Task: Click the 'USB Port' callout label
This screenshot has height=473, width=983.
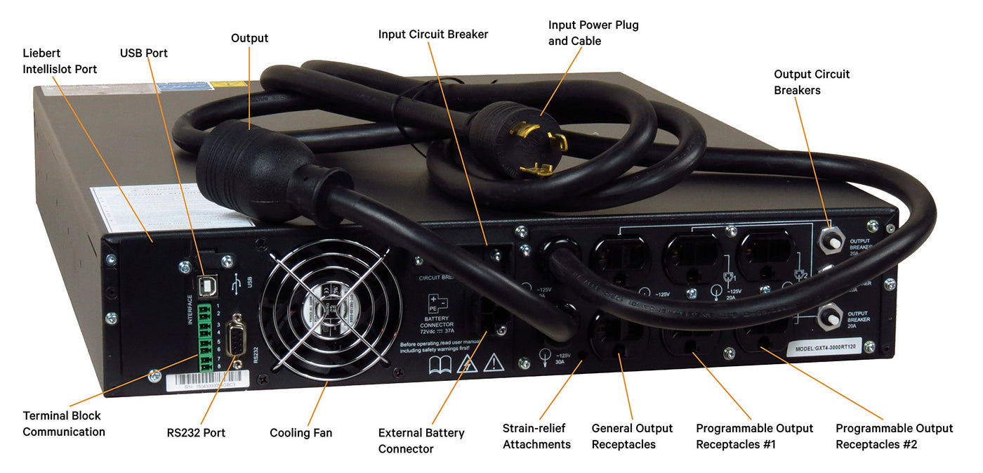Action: point(143,53)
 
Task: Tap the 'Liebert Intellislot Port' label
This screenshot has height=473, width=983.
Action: point(60,61)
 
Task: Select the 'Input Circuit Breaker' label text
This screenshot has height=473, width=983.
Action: point(433,34)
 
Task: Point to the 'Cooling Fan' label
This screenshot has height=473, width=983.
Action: point(301,433)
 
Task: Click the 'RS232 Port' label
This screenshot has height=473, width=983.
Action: point(196,433)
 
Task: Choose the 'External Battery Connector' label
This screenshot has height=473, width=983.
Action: point(421,441)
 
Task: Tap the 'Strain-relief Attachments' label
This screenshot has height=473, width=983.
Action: point(536,436)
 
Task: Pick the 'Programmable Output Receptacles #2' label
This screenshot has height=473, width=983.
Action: point(894,436)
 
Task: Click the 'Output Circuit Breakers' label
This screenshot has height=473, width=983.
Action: point(811,82)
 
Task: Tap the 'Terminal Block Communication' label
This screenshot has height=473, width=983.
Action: point(63,424)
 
